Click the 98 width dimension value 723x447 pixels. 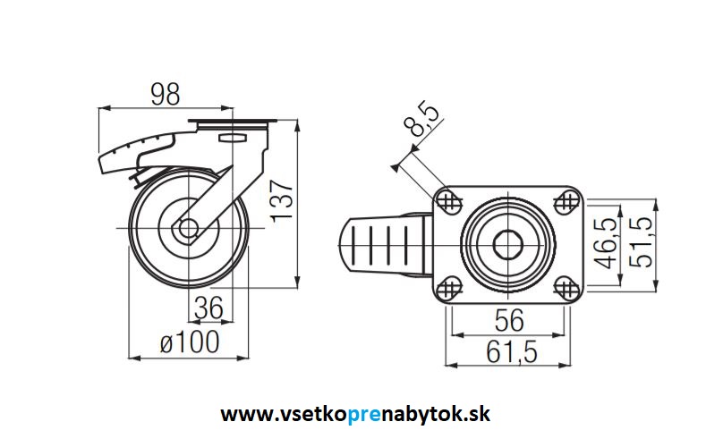(165, 92)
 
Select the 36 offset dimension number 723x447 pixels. (208, 308)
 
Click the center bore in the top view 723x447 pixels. (506, 244)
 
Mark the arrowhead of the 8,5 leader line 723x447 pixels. (395, 165)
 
